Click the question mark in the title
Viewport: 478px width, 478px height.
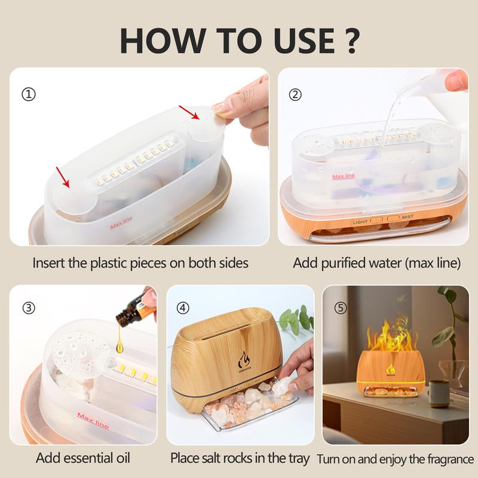click(x=351, y=40)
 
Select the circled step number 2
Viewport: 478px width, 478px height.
click(x=295, y=94)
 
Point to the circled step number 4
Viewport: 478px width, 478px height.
click(x=183, y=308)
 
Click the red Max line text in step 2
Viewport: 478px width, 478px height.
click(x=343, y=176)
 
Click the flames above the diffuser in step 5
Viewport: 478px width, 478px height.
click(x=391, y=339)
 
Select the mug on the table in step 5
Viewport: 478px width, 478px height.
click(x=439, y=394)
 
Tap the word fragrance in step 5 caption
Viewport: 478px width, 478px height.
click(x=446, y=459)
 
